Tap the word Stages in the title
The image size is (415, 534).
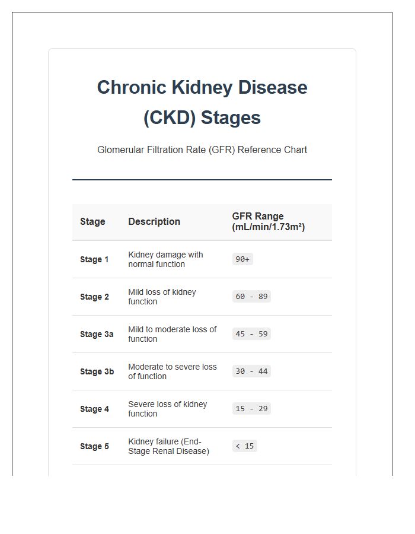(231, 118)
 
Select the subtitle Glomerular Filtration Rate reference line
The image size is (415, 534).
(202, 150)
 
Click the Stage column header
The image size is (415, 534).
(92, 222)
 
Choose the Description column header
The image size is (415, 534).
(154, 222)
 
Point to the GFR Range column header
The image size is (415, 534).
(268, 221)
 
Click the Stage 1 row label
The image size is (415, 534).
(94, 259)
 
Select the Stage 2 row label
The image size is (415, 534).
(94, 297)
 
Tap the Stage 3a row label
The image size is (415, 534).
(97, 334)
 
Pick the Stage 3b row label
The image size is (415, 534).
(97, 371)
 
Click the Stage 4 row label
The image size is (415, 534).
(94, 409)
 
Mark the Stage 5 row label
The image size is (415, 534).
(94, 446)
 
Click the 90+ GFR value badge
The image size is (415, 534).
(242, 259)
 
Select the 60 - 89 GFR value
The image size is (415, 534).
(251, 297)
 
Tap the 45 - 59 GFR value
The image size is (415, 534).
(251, 334)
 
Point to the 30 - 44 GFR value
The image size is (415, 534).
(251, 371)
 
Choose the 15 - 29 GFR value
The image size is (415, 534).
(251, 409)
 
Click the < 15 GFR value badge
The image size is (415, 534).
(244, 446)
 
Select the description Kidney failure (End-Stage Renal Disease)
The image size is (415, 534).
(168, 446)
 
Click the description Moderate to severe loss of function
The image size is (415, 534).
(172, 371)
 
